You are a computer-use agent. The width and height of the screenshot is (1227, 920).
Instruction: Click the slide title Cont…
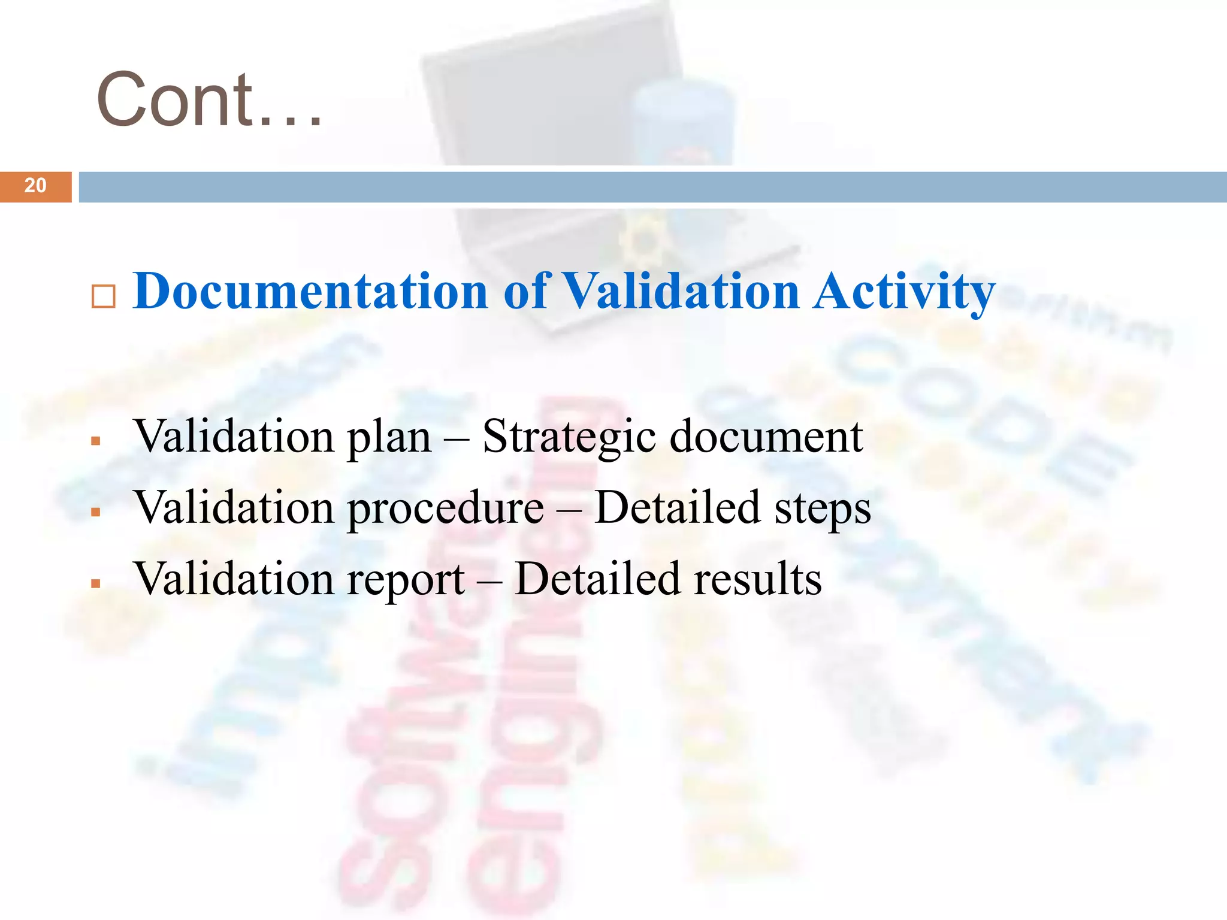click(x=209, y=99)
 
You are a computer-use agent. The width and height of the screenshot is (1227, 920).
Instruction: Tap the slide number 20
click(x=35, y=186)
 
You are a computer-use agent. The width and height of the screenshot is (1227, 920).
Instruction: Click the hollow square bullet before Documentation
click(x=103, y=296)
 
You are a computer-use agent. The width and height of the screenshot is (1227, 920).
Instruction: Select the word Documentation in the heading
click(x=310, y=291)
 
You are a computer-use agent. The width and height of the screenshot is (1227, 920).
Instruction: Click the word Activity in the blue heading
click(x=903, y=292)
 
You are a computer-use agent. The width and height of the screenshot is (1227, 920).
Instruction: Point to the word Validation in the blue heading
click(x=682, y=291)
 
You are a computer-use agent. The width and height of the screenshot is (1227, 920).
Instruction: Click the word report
click(x=406, y=580)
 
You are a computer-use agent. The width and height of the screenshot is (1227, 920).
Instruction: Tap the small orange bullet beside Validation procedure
click(x=95, y=513)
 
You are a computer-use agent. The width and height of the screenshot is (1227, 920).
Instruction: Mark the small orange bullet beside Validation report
click(x=95, y=583)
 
